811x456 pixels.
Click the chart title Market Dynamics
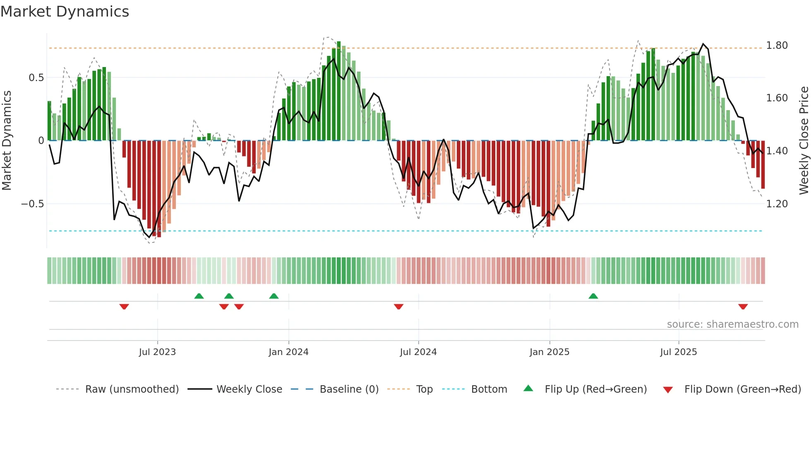65,12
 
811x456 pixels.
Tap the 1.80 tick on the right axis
777,46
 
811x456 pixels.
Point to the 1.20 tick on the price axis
777,204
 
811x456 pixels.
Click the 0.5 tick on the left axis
36,78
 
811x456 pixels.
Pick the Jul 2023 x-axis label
157,352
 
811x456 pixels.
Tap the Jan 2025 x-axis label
549,352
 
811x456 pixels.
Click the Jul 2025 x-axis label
678,352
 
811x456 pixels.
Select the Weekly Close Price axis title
804,141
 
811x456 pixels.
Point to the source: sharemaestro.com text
732,324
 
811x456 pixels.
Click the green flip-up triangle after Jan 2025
593,296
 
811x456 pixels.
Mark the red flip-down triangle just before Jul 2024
398,307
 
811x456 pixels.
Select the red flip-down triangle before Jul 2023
124,307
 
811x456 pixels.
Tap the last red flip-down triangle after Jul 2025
743,307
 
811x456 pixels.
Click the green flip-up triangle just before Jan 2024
274,296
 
